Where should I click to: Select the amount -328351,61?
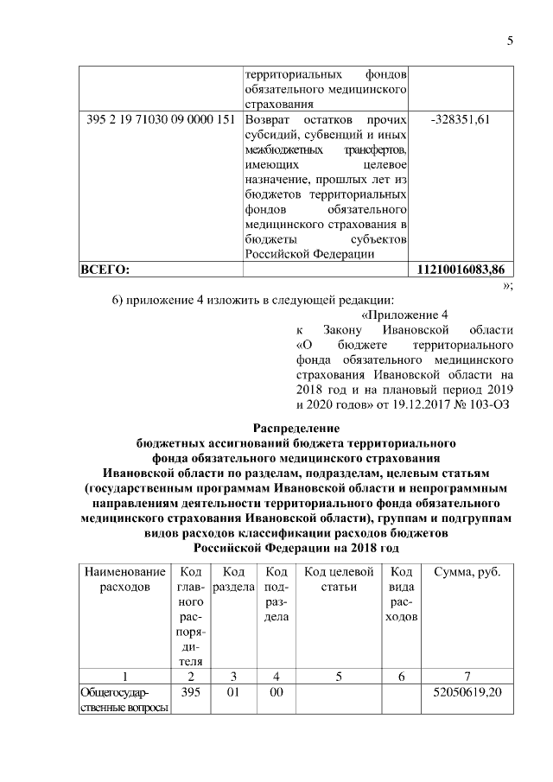461,119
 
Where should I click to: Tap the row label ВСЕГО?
105,270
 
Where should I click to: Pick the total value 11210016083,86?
461,270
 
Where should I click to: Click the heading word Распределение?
296,428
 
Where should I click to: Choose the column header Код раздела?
232,579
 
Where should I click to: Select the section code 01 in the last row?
232,692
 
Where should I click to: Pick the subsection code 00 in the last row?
276,692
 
